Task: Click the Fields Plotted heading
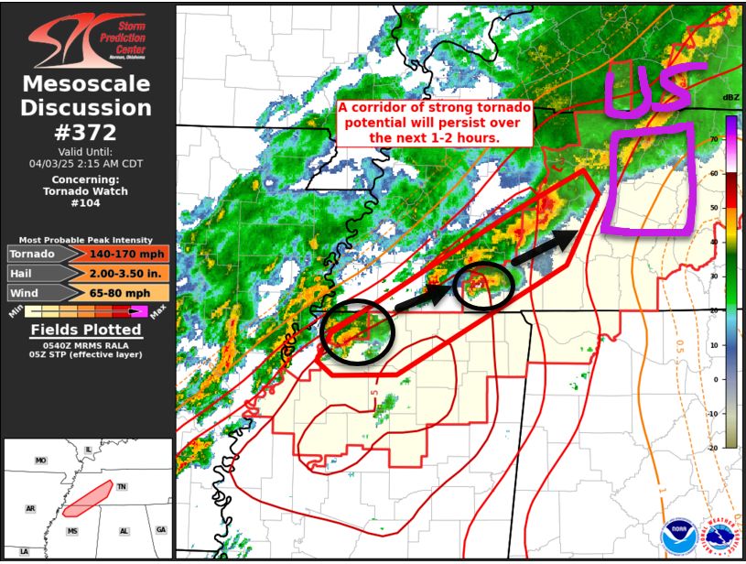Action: pos(86,330)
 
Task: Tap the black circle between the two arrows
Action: pos(484,286)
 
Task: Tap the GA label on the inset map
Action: pos(161,530)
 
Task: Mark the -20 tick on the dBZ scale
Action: pos(712,448)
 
